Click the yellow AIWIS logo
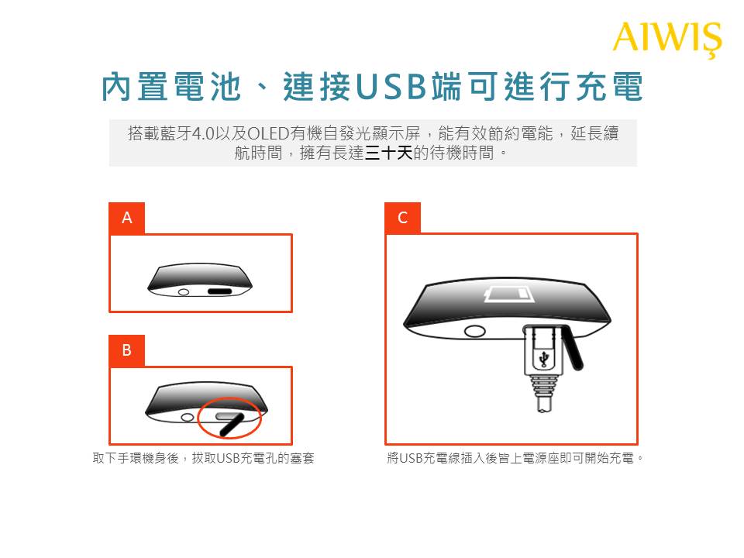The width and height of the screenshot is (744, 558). point(667,39)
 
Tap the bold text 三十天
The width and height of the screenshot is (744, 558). point(388,153)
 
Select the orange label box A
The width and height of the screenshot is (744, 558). point(126,218)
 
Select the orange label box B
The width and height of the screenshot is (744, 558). point(126,350)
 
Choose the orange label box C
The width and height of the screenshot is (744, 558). point(402,218)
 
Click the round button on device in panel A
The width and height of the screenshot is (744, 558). point(184,292)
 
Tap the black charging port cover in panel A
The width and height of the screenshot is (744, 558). point(219,291)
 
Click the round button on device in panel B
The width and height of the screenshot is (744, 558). point(188,418)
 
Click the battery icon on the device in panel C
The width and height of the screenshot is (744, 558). point(508,294)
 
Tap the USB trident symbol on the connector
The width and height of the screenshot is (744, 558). point(544,358)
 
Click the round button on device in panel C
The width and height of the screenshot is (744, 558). point(474,331)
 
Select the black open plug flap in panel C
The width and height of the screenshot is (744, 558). point(573,348)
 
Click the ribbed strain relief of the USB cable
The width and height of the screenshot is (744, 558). point(544,385)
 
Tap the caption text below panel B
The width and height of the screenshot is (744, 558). point(204,458)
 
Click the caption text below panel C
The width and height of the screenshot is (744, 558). point(515,458)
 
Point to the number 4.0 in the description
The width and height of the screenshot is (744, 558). point(204,134)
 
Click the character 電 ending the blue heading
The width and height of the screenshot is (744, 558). point(627,86)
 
